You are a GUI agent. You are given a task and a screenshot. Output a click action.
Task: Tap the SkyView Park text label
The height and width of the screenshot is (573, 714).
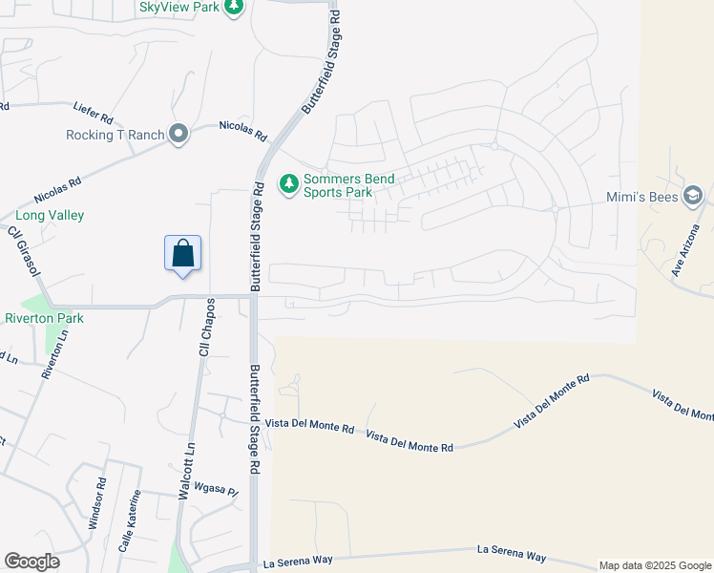coord(178,8)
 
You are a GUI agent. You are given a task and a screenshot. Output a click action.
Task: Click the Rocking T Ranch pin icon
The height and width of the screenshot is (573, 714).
coord(178,135)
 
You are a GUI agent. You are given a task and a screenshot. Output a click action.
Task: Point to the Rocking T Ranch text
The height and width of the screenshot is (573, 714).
coord(115,136)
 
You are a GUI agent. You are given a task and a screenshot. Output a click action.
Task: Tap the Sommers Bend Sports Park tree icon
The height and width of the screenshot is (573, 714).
coord(288,182)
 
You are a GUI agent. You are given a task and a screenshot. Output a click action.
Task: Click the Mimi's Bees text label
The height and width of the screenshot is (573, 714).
coord(641,199)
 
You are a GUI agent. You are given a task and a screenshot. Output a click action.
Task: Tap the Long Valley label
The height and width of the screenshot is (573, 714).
coord(42,216)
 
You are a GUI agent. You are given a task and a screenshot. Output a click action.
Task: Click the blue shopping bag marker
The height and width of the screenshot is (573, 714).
coord(182,254)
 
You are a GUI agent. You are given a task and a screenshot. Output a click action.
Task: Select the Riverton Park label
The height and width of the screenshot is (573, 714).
coord(44,318)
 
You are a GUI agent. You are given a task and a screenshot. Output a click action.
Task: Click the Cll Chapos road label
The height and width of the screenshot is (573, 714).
coord(205,327)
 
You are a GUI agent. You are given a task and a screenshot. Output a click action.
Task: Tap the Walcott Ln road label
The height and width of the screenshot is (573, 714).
coord(187,471)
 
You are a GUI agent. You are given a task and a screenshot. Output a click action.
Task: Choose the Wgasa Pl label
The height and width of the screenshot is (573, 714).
coord(215,491)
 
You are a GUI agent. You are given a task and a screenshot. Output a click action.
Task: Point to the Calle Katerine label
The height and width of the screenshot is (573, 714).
coord(129,521)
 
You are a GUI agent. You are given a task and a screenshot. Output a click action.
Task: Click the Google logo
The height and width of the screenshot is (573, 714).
coord(31,562)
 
